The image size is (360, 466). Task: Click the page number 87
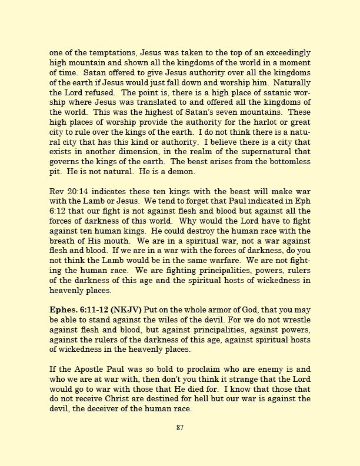click(x=180, y=428)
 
